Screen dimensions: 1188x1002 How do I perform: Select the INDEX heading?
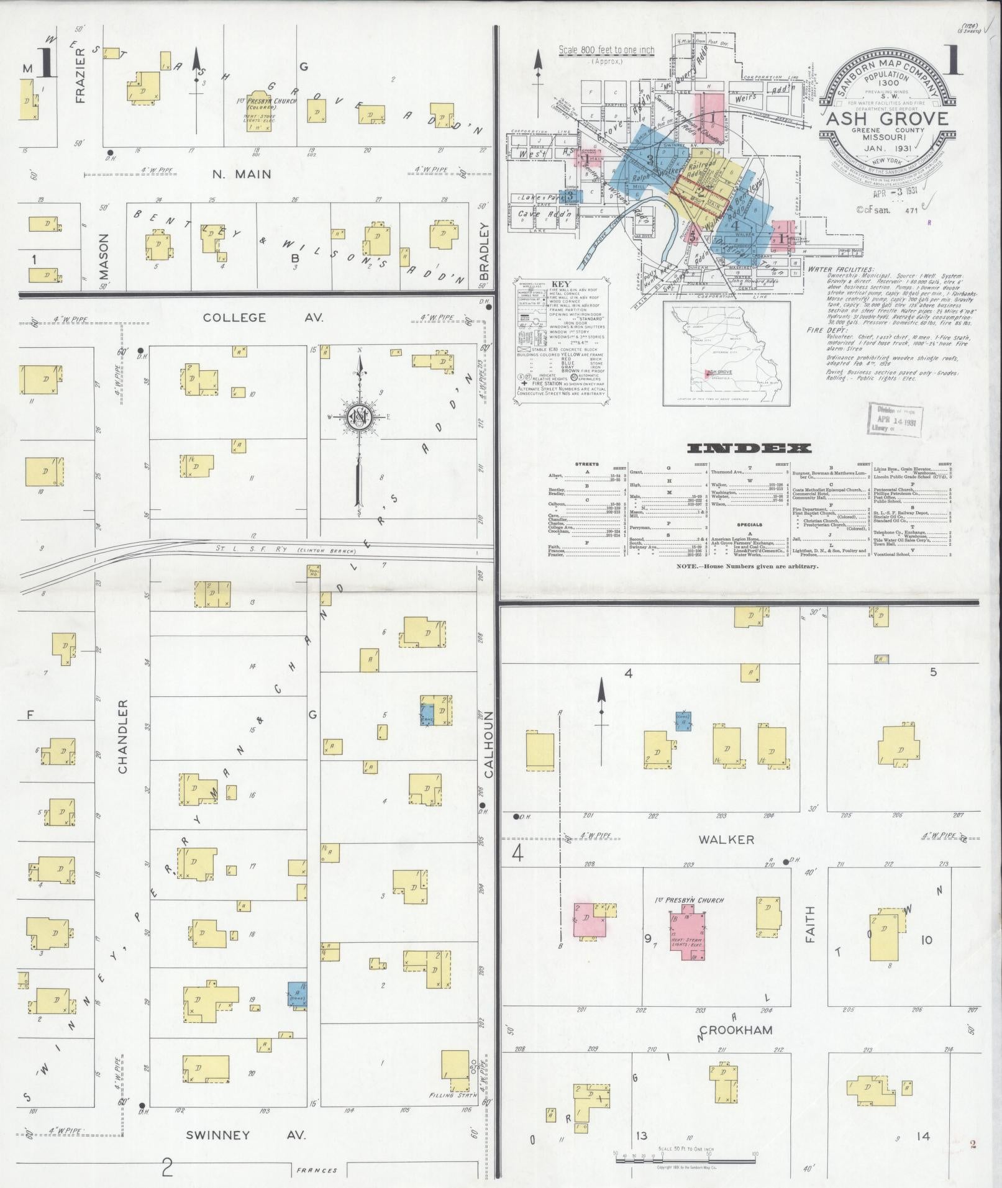749,448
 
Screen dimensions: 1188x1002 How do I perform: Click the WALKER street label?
726,840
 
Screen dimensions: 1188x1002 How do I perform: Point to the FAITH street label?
809,927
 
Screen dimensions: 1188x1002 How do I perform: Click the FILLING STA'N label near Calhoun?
452,1113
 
